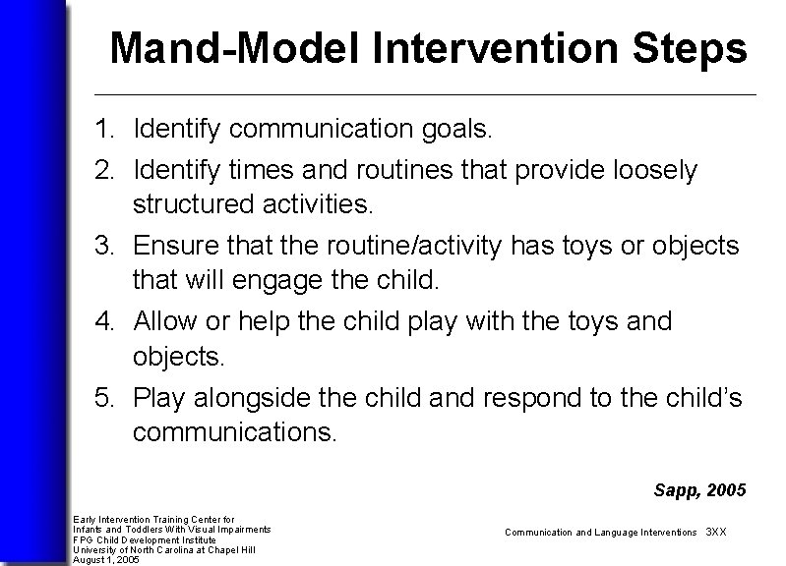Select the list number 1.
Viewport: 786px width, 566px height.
point(103,129)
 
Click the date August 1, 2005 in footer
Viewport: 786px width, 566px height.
point(106,559)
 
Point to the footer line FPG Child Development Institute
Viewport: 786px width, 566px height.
point(145,539)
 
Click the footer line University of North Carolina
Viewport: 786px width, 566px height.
point(164,549)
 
